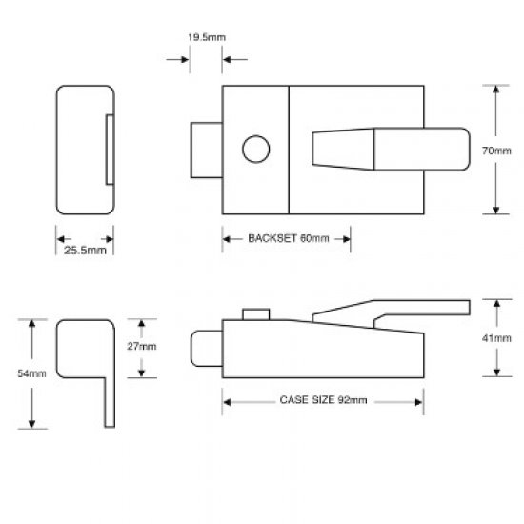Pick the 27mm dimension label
144,346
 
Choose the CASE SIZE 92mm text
323,402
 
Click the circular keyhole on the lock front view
255,151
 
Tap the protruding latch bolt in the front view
207,151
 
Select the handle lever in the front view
391,151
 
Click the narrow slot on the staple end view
109,150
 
